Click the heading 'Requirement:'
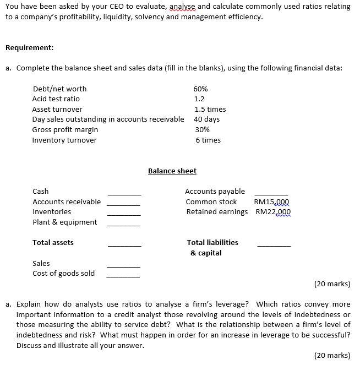click(29, 47)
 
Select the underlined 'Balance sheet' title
click(172, 171)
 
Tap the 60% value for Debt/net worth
click(201, 89)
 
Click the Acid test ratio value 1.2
click(199, 99)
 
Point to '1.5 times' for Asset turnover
click(210, 109)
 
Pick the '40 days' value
click(206, 119)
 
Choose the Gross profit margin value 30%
click(202, 129)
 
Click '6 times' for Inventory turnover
click(208, 140)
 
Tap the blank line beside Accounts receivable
click(124, 204)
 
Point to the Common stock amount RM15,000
click(271, 201)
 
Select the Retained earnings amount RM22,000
click(273, 212)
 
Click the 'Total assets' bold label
click(53, 242)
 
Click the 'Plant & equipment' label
click(64, 222)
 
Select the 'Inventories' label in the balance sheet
click(52, 211)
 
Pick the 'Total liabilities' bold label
click(212, 242)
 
